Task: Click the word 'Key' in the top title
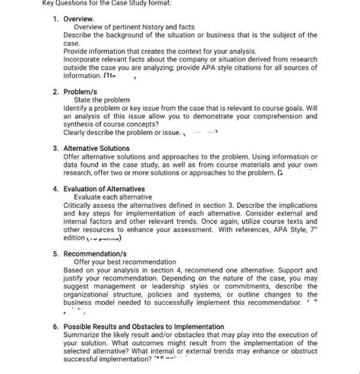[x=8, y=4]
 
